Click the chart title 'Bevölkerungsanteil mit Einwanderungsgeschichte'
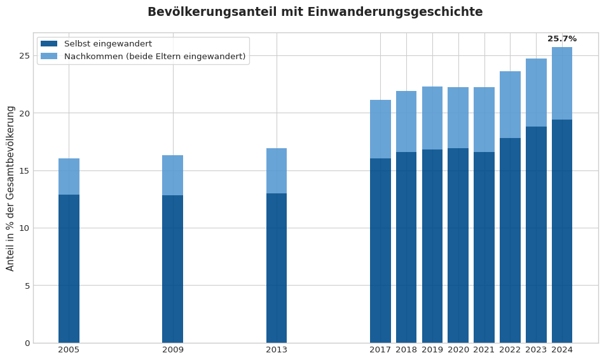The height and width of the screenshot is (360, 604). coord(315,12)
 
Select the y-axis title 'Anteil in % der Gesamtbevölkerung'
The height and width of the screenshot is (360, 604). coord(11,188)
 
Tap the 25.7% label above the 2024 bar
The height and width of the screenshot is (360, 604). coord(562,39)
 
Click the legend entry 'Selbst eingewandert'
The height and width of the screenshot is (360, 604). coord(108,44)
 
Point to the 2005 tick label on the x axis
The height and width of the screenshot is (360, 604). coord(69,350)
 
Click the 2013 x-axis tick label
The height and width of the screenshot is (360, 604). coord(277,350)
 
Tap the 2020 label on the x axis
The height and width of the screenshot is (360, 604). coord(458,350)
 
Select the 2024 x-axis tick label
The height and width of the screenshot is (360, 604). coord(562,350)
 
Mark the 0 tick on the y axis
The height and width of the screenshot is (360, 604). coord(27,343)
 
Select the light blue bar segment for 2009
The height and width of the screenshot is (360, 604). coord(172,175)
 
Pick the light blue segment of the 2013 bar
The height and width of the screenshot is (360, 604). coord(277,170)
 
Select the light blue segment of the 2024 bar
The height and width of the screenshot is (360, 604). coord(562,83)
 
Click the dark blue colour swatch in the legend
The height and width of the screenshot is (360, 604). coord(49,44)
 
